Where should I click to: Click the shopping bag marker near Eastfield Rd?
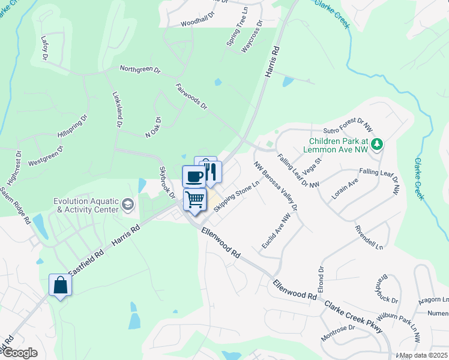pos(61,285)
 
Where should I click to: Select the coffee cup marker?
pos(194,176)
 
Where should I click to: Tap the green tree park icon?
pos(377,144)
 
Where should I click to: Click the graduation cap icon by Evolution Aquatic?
pos(127,205)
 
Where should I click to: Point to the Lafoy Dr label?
pos(44,48)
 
